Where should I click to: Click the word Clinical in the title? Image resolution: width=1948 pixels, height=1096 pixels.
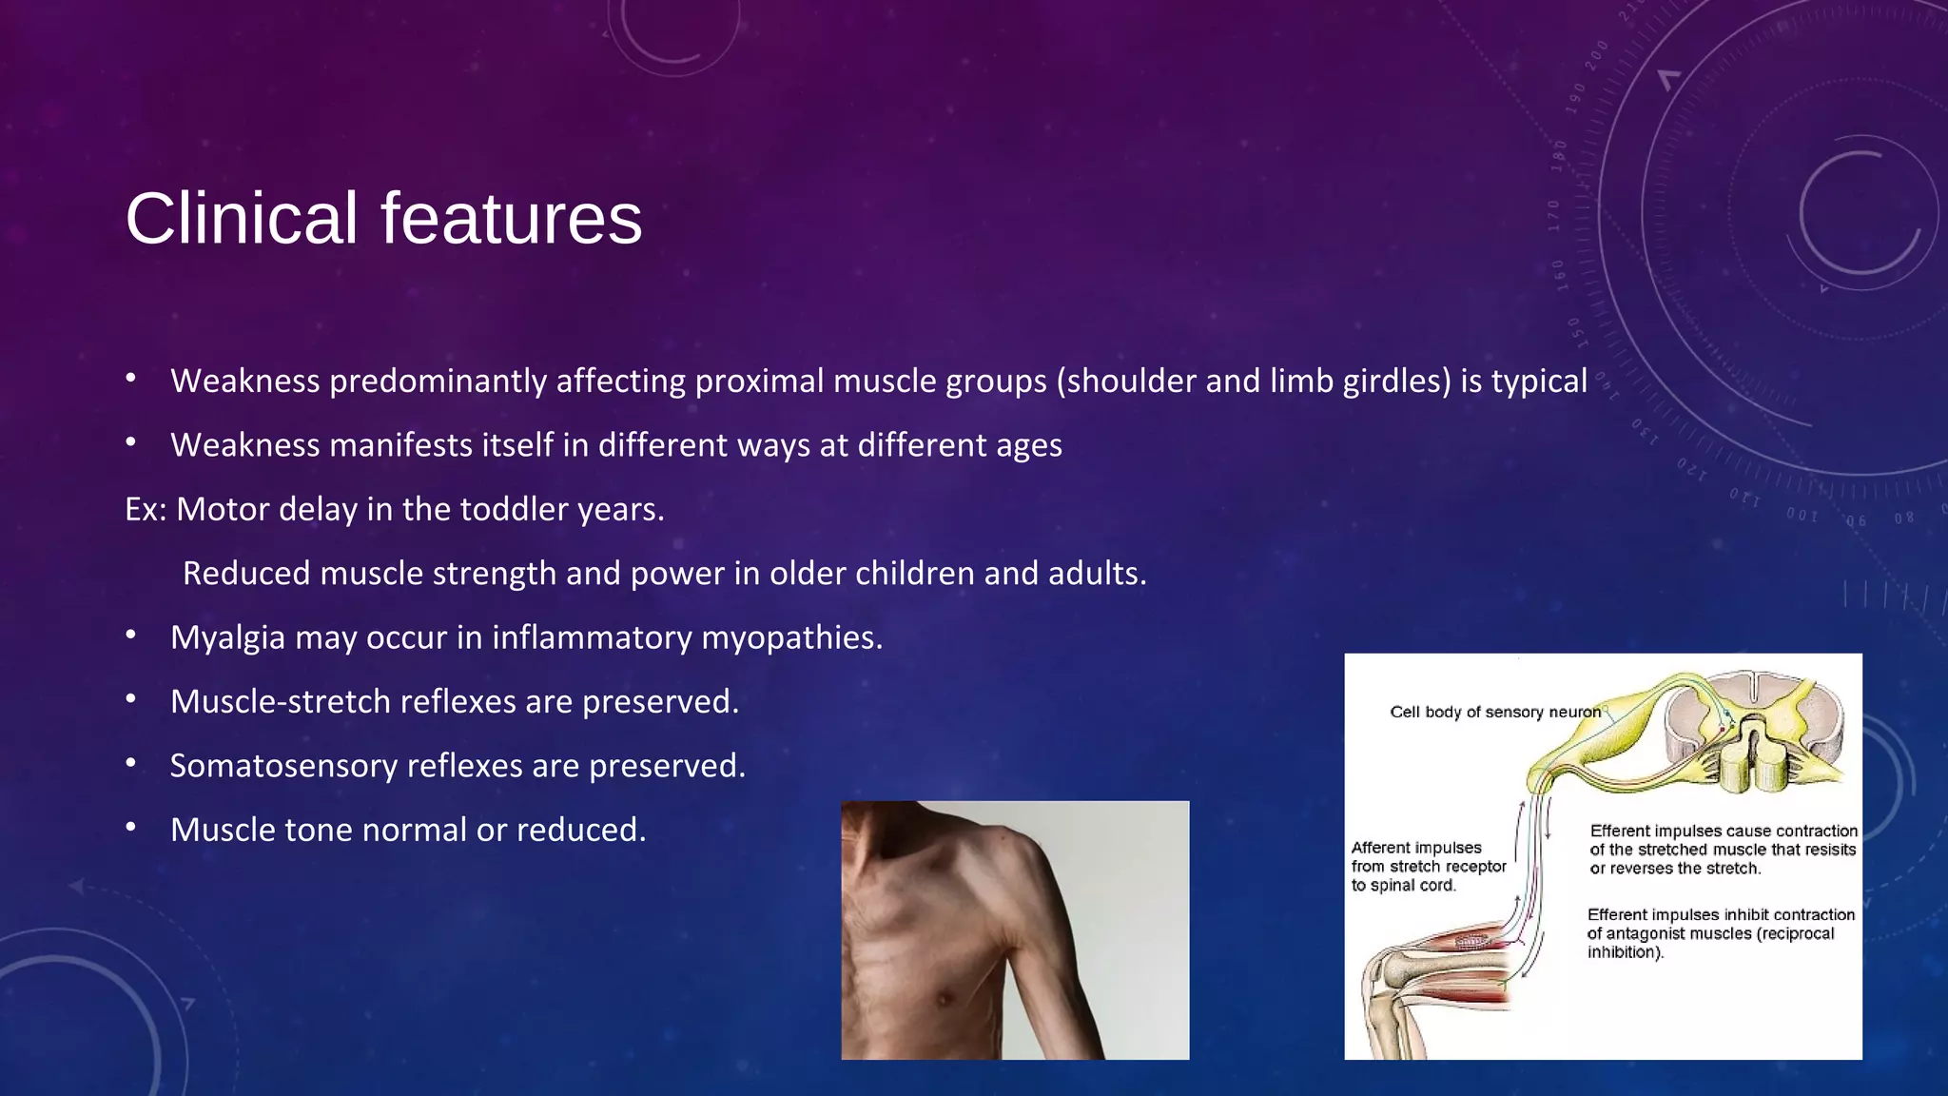pos(242,219)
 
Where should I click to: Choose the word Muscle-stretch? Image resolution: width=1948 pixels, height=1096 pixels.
pos(280,702)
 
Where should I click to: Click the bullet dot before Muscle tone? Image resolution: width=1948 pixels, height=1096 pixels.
pos(131,828)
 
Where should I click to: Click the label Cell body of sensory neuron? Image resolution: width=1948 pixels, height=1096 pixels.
pos(1494,712)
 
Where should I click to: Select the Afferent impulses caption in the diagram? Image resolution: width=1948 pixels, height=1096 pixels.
pos(1416,848)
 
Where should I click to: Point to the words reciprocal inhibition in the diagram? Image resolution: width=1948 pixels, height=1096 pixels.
pos(1712,943)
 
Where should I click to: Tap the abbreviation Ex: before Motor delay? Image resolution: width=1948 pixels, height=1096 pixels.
pos(146,510)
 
